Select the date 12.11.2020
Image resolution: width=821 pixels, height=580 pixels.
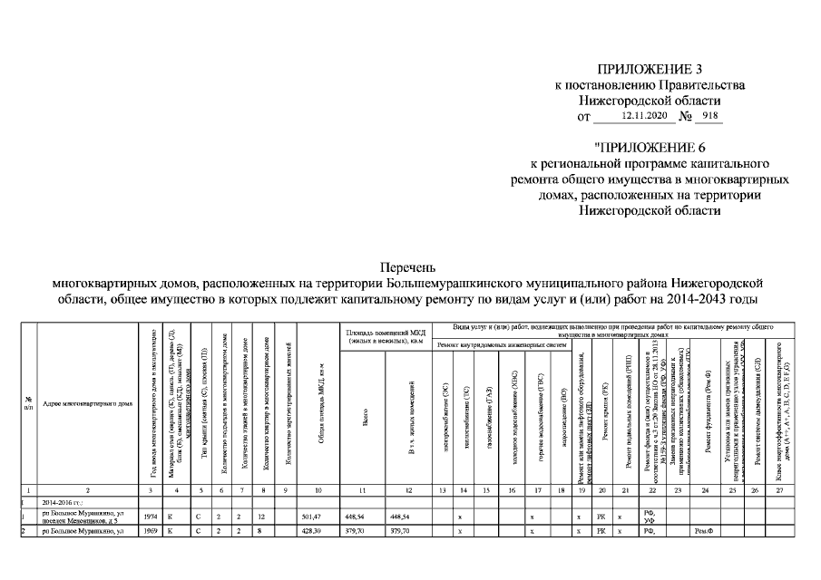coord(644,116)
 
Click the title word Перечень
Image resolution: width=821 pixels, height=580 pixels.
coord(410,266)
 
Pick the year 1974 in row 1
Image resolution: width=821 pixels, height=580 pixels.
coord(151,516)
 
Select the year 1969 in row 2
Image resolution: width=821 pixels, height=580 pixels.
coord(151,531)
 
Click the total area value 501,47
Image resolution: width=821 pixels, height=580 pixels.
coord(311,516)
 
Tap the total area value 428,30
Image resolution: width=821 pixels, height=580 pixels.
coord(311,531)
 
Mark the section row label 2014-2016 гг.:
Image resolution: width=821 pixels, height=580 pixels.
coord(63,501)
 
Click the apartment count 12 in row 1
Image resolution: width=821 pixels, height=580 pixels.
coord(260,516)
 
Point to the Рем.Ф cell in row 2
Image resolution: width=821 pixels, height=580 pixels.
coord(703,531)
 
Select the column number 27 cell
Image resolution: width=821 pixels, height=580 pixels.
coord(778,490)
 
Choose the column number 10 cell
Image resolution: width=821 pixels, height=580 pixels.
coord(318,490)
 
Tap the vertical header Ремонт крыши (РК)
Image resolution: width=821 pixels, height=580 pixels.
coord(601,417)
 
